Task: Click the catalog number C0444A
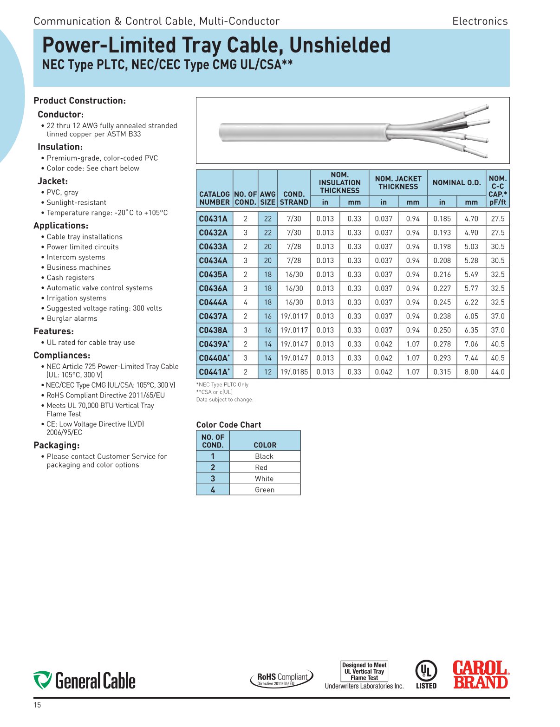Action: click(x=213, y=302)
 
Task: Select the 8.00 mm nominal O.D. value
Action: click(x=471, y=372)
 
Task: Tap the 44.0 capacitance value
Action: click(x=497, y=372)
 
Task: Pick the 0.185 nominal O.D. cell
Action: click(x=442, y=219)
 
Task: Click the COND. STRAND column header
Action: click(x=293, y=198)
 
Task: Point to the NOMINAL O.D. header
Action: click(x=456, y=182)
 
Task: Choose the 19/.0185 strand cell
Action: click(x=293, y=372)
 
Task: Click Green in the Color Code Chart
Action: click(x=264, y=490)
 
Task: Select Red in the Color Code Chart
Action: click(x=261, y=467)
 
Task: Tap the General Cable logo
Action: click(x=85, y=680)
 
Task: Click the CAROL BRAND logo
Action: click(x=481, y=675)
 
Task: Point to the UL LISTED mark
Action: click(x=426, y=675)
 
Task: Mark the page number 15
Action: click(x=37, y=705)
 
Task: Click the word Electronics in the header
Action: click(x=480, y=21)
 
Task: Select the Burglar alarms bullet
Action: click(x=72, y=318)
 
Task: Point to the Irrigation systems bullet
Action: click(x=76, y=298)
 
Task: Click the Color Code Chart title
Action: click(x=228, y=425)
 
